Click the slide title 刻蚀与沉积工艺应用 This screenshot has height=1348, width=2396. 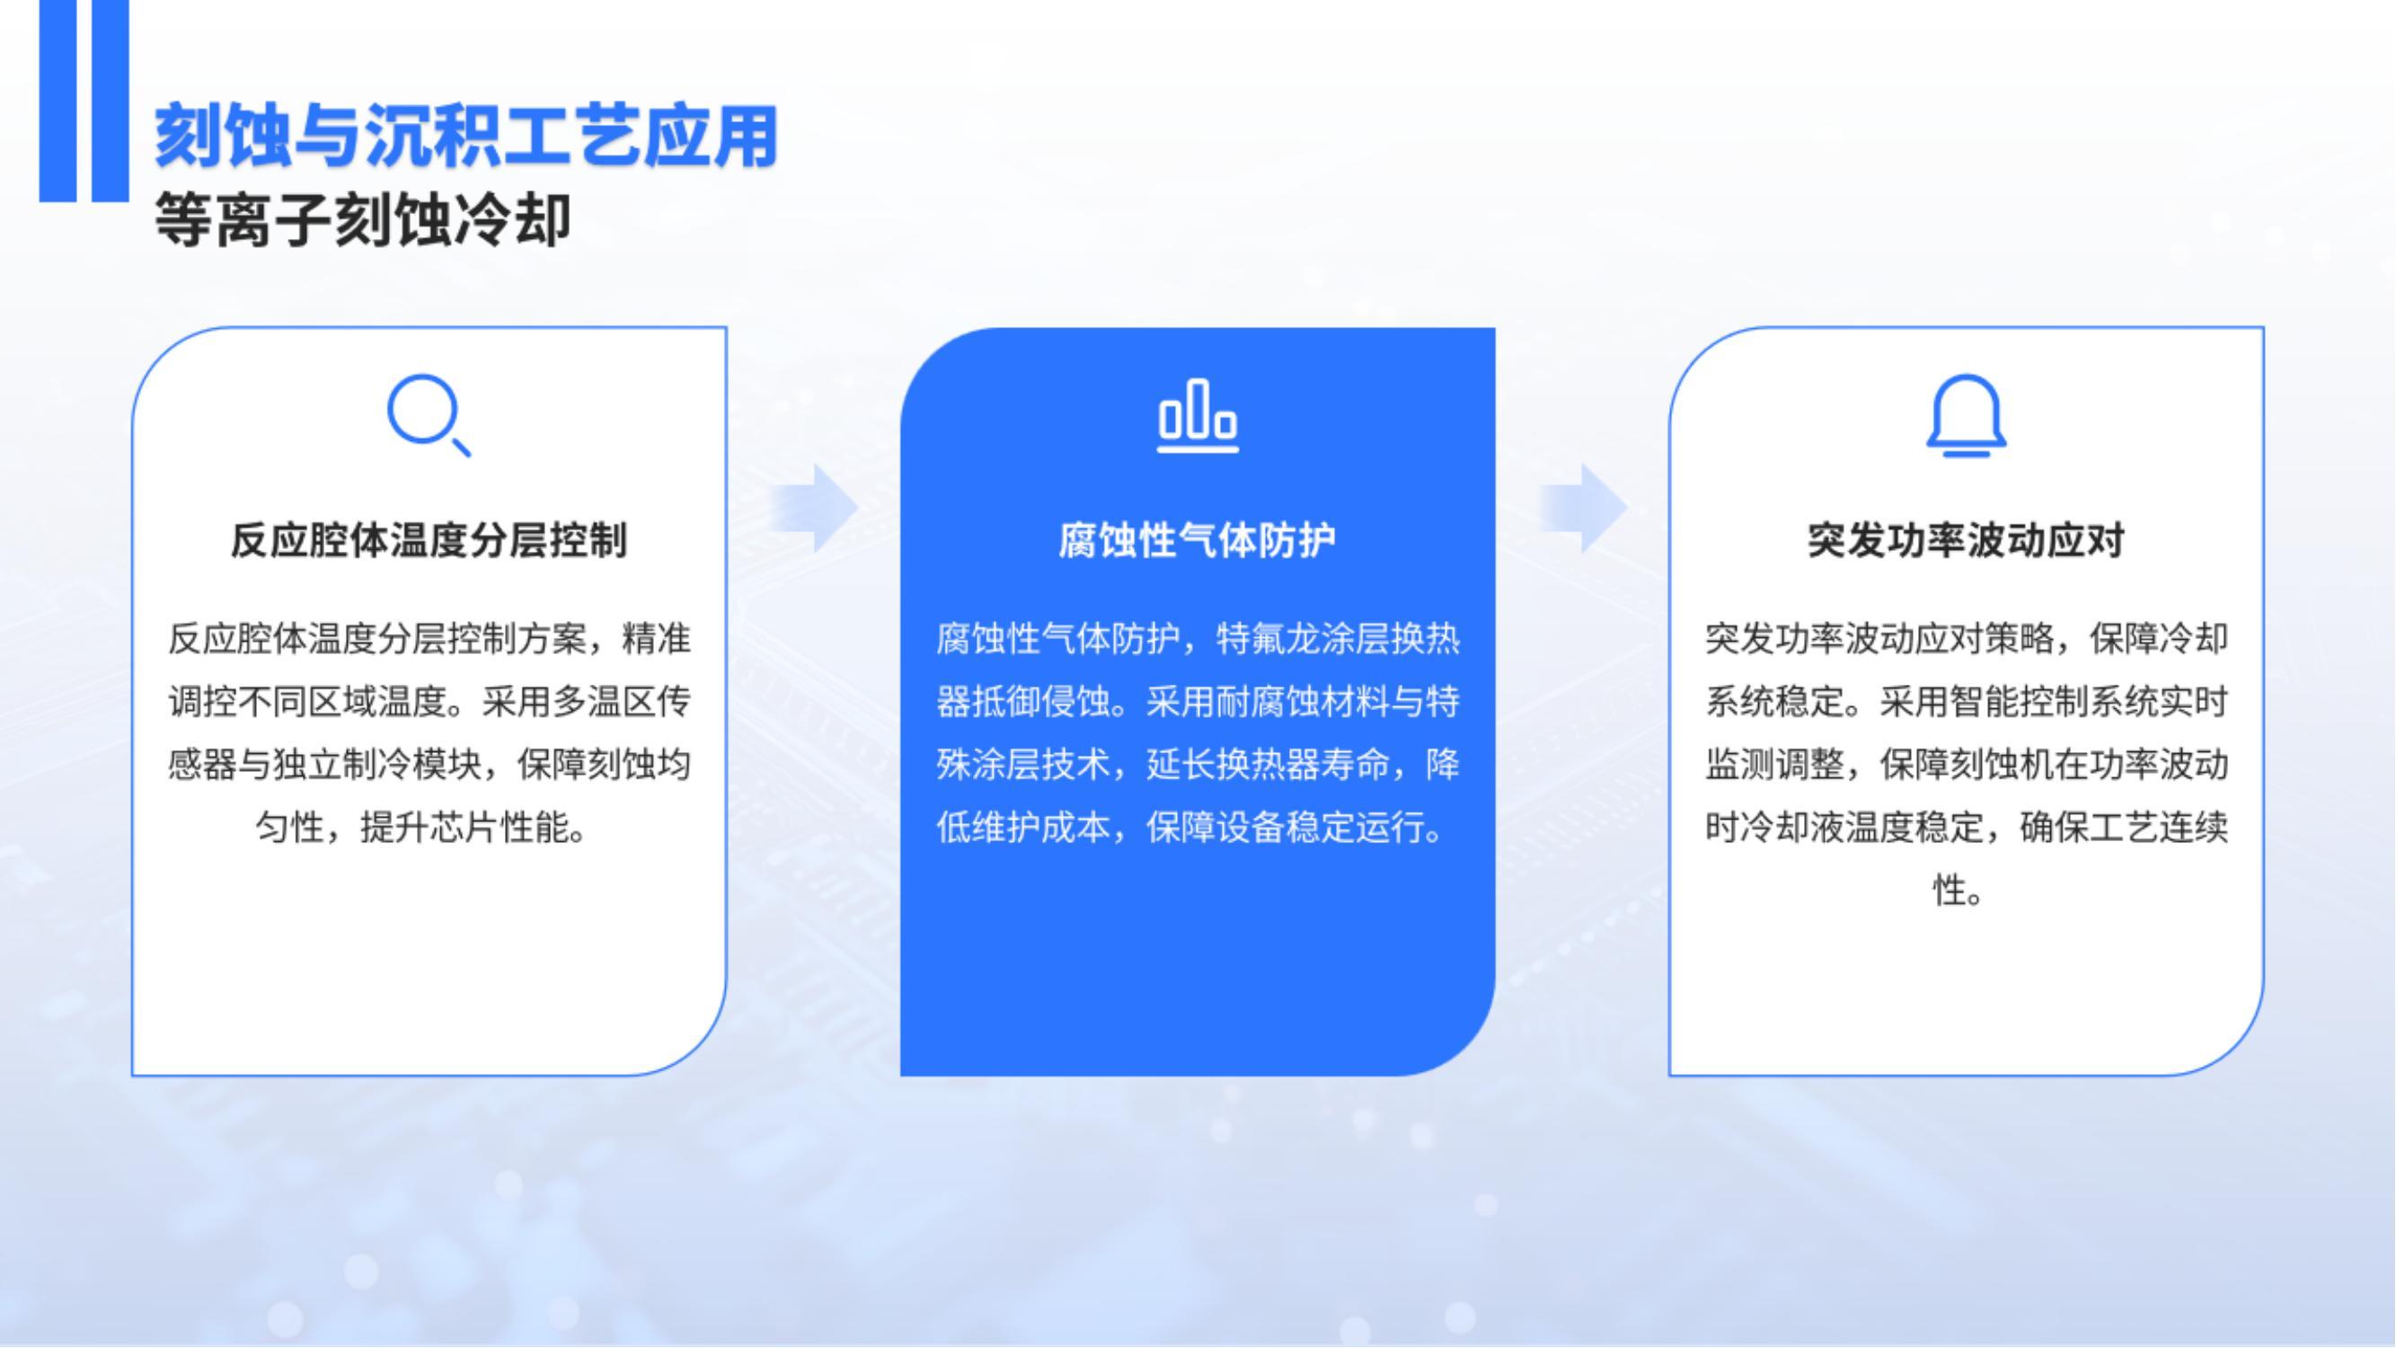tap(466, 136)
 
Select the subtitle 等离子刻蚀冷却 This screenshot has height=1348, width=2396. tap(363, 220)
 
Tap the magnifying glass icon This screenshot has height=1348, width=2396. tap(429, 415)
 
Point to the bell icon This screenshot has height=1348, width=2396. tap(1967, 416)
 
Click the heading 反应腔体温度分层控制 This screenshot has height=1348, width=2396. tap(429, 540)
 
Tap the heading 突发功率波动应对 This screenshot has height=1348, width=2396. tap(1967, 540)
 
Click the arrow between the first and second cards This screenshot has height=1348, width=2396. tap(814, 508)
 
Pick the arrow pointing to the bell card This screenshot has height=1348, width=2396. tap(1583, 508)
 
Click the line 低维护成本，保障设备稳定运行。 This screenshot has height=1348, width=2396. tap(1190, 827)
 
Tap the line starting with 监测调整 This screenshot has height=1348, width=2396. tap(1967, 765)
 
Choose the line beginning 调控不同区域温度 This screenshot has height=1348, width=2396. tap(429, 702)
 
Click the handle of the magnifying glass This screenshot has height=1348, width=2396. tap(460, 448)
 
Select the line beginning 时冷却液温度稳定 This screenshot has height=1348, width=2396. tap(1967, 827)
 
